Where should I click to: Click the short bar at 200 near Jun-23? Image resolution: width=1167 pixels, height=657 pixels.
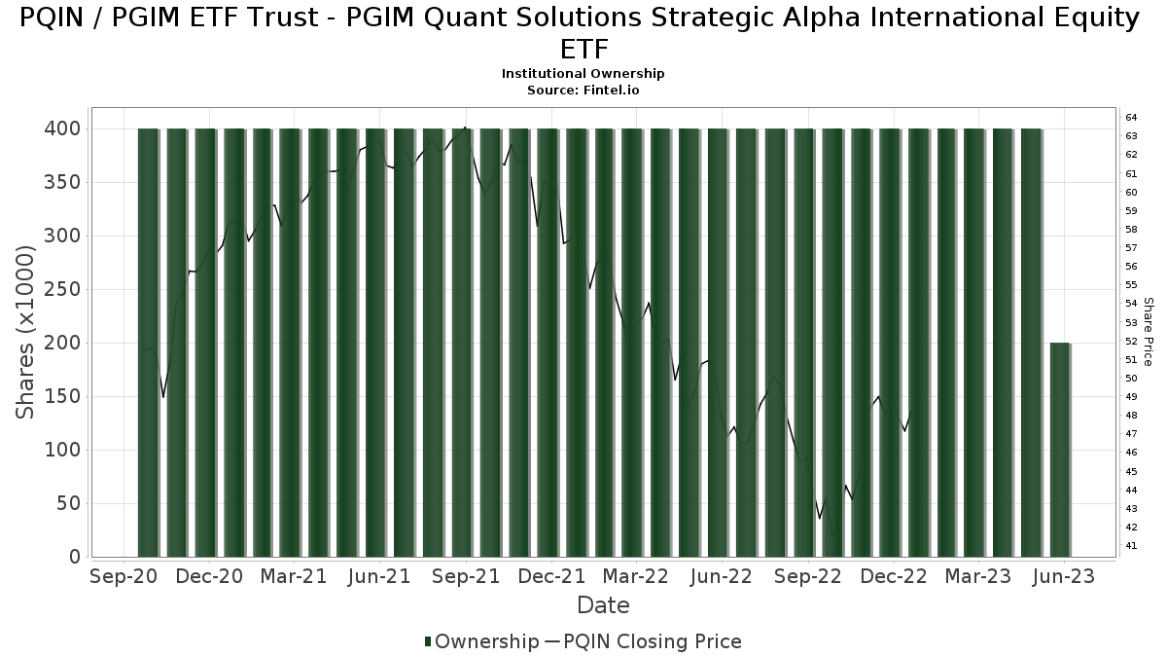(x=1060, y=450)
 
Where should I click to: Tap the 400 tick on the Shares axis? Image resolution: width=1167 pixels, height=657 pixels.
(x=62, y=128)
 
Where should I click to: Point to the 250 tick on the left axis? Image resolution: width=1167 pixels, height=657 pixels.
(x=62, y=289)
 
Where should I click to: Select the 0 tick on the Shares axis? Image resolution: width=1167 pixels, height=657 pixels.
(x=75, y=557)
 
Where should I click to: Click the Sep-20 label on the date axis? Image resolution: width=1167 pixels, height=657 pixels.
(x=124, y=576)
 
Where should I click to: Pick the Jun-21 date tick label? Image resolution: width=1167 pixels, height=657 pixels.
(x=379, y=576)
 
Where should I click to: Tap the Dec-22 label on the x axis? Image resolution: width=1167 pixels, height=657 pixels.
(x=894, y=576)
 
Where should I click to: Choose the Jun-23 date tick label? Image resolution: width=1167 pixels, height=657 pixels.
(x=1064, y=576)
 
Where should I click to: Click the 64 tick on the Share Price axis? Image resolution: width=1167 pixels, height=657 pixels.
(x=1131, y=118)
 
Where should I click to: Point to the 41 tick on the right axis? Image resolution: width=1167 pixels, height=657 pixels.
(x=1131, y=546)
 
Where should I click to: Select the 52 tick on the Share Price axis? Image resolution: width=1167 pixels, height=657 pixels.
(x=1131, y=341)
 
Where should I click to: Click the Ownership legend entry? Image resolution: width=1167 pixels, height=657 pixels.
(x=482, y=641)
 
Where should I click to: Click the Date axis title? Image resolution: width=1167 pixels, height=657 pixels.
(x=603, y=605)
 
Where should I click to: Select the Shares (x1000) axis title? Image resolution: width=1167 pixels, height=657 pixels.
(x=25, y=332)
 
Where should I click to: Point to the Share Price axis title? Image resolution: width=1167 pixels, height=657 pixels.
(x=1148, y=332)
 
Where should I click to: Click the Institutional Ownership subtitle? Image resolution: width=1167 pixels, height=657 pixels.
(x=583, y=74)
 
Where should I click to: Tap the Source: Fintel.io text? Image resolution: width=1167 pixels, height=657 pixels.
(x=583, y=91)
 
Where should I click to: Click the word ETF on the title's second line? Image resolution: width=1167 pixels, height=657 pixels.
(x=584, y=50)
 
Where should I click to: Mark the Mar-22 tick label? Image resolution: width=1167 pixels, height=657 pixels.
(x=636, y=576)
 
